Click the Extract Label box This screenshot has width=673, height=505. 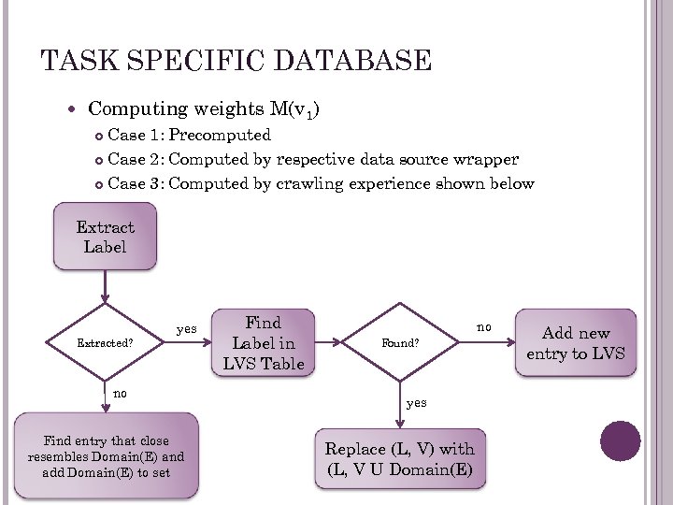[x=105, y=238]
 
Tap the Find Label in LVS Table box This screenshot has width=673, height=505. [x=263, y=342]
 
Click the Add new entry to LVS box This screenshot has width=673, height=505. [x=575, y=342]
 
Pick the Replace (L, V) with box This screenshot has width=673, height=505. [x=400, y=458]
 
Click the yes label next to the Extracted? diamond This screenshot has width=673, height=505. [x=187, y=328]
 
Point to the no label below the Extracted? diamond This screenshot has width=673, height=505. [x=120, y=394]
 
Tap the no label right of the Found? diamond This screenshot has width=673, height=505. [x=483, y=327]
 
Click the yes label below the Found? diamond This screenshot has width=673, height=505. [x=417, y=402]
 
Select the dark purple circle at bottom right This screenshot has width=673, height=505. [x=621, y=440]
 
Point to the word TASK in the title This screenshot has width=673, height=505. [x=71, y=62]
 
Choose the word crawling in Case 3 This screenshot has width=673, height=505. [x=310, y=183]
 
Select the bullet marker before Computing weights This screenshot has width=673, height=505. [x=75, y=110]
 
